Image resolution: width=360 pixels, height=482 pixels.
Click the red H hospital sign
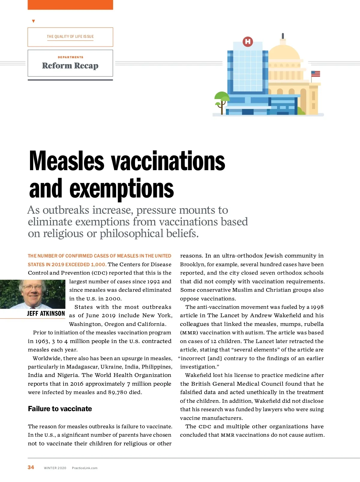tap(248, 41)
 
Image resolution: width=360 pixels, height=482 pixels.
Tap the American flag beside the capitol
tap(316, 74)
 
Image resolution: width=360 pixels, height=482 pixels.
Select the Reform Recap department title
tap(70, 65)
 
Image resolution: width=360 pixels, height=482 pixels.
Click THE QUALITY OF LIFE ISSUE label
tap(70, 37)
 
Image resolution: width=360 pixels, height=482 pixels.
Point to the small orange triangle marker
tap(33, 21)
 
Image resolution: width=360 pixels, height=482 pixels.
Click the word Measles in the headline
tap(67, 161)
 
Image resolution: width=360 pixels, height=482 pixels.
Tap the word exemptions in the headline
tap(121, 189)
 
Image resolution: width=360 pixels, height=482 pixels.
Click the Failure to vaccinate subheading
tap(60, 409)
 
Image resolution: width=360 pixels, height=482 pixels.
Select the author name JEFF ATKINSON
tap(46, 314)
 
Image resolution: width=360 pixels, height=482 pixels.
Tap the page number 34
tap(31, 467)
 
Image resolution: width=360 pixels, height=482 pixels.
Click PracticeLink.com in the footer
tap(85, 468)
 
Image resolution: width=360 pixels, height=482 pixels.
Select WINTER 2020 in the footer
tap(55, 468)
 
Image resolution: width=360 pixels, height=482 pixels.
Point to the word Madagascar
tap(82, 367)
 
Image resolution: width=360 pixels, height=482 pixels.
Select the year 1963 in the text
tap(42, 341)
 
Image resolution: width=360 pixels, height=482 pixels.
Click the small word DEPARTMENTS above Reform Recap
tap(70, 57)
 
